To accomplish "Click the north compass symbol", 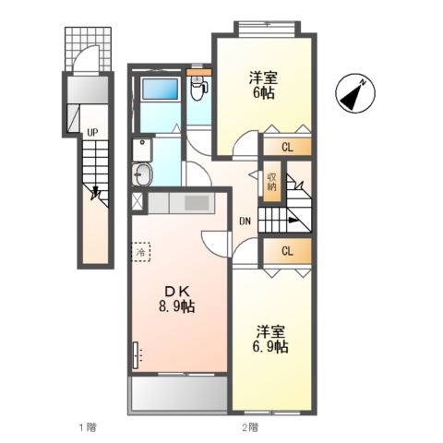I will (357, 93).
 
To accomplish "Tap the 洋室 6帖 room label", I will (264, 85).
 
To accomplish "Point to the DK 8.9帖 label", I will (174, 297).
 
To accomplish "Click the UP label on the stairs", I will (91, 132).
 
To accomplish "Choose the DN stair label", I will (245, 221).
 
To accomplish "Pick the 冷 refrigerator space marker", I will (141, 250).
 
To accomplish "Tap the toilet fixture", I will (197, 88).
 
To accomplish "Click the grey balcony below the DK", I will (179, 395).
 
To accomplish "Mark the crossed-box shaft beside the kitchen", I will (138, 202).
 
